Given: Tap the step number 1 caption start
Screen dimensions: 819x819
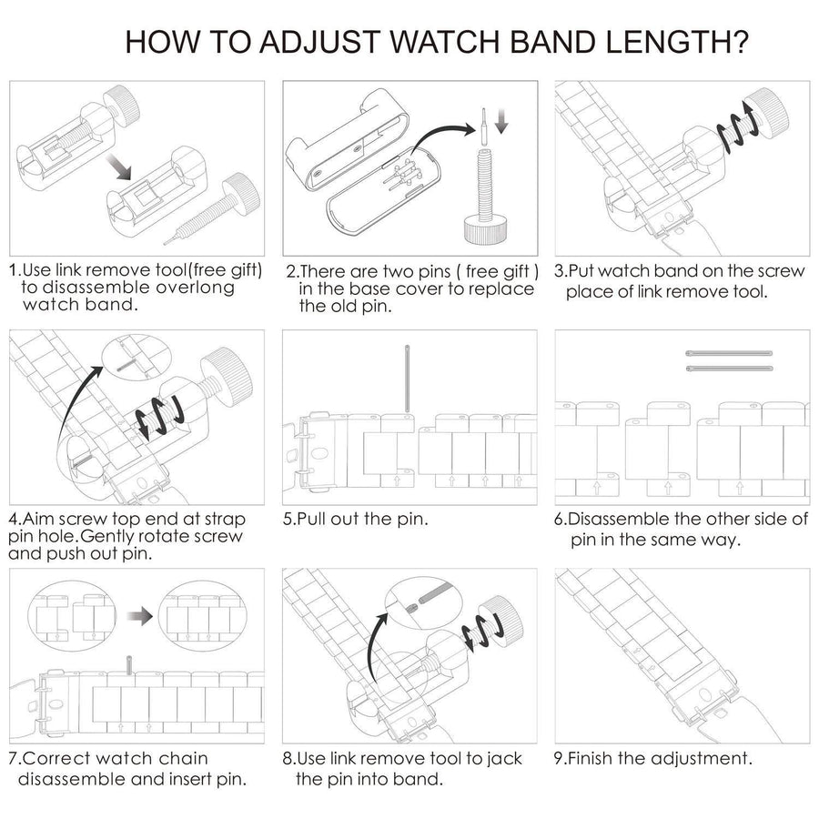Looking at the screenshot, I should coord(14,270).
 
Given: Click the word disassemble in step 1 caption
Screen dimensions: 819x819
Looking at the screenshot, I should coord(72,288).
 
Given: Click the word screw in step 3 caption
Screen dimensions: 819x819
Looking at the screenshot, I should coord(784,271).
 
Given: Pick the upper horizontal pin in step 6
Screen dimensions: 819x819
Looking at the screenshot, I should coord(728,353).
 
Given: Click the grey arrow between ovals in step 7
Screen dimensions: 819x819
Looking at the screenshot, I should coord(138,616).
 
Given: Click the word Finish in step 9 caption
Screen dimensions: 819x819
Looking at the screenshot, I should coord(597,758).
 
